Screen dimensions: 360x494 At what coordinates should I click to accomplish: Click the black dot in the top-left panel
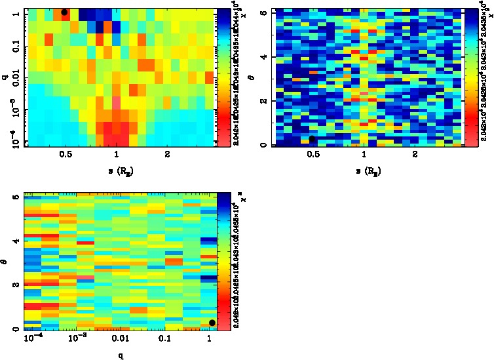(64, 12)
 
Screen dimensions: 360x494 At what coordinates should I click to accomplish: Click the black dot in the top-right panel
(313, 138)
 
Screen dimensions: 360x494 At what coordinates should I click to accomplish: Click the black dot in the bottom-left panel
(212, 323)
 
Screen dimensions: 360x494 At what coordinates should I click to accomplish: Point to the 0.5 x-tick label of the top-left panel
(65, 155)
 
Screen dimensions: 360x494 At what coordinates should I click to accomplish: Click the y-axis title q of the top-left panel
(4, 77)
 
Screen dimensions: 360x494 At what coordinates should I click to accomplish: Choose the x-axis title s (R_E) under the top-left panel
(117, 172)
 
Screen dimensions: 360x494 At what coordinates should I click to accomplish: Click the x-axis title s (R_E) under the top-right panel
(364, 172)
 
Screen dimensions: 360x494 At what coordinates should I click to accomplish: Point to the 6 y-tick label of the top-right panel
(262, 12)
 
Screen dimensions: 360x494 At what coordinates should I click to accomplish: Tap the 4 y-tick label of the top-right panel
(262, 57)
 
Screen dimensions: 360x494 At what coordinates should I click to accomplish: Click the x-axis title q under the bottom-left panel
(121, 356)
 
